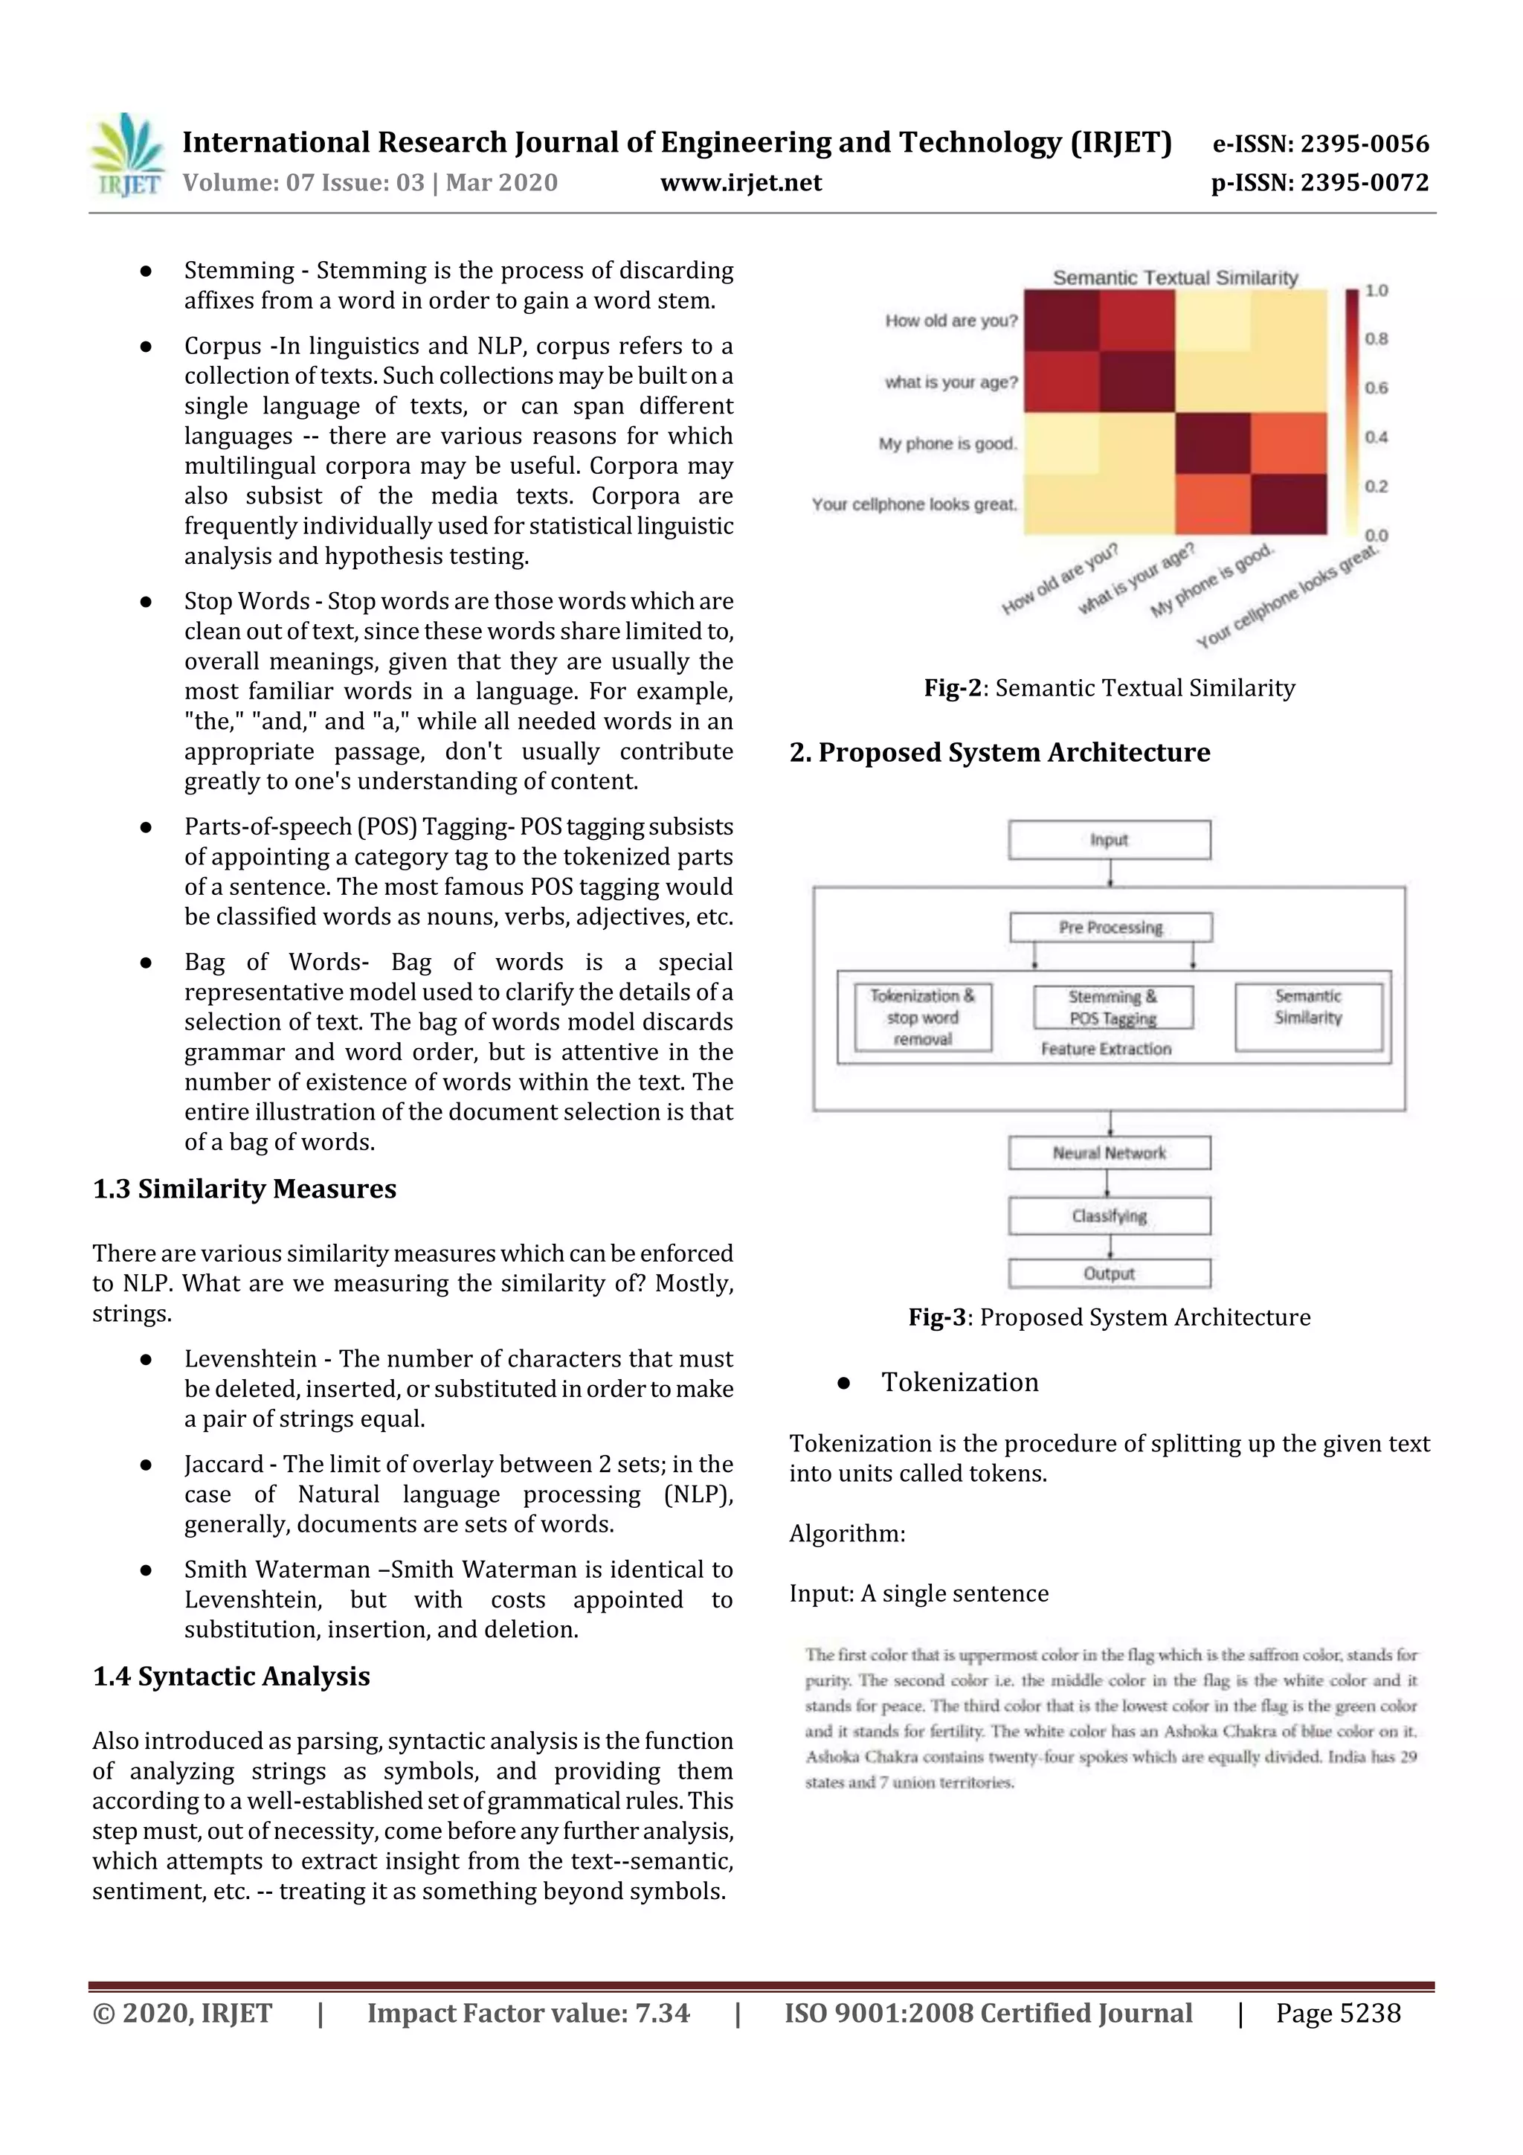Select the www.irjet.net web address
741,183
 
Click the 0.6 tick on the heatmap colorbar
1376,388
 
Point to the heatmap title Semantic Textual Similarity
1175,277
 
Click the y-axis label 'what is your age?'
950,382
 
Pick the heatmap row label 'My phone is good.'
947,443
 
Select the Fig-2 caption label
952,688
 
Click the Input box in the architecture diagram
1110,840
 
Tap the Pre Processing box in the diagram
1110,928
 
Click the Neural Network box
1110,1152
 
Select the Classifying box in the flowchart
1110,1216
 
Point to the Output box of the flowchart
1110,1274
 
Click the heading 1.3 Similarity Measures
244,1189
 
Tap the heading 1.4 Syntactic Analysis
231,1677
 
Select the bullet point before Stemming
146,272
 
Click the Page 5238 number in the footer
1337,2013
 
